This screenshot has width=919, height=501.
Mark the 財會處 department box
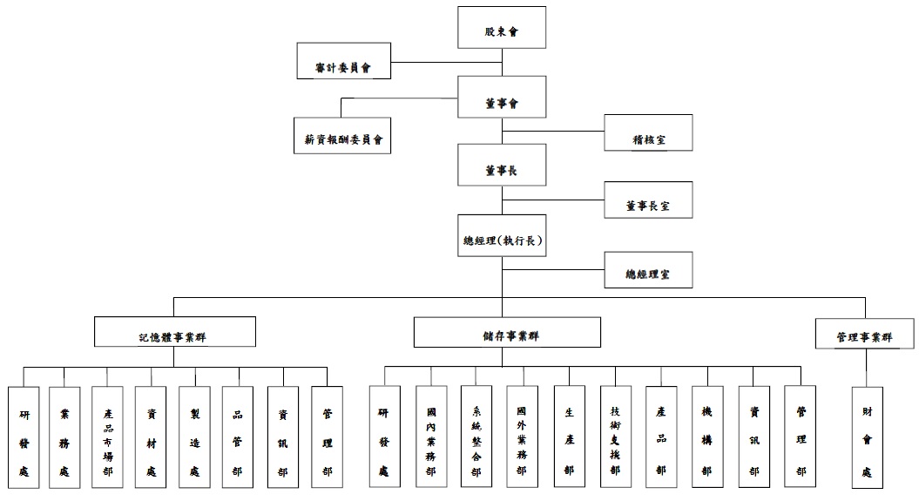point(866,437)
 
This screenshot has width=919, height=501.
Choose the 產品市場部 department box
point(107,437)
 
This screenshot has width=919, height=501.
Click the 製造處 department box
point(195,437)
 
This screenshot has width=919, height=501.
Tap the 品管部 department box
point(238,437)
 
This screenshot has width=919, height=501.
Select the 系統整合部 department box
point(476,437)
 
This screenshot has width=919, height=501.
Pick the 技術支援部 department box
point(615,437)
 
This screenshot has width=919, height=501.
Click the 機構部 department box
point(706,437)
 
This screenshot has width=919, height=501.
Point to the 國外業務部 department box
point(521,437)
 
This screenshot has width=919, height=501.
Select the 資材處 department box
point(151,437)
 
